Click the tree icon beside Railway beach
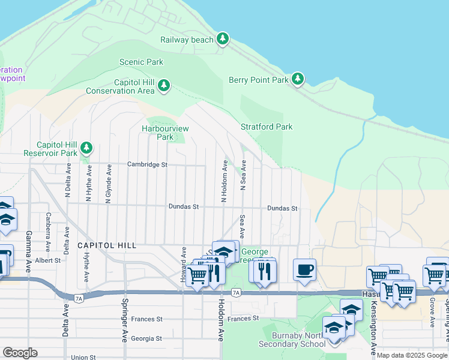coord(223,39)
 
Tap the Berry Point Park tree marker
coord(297,79)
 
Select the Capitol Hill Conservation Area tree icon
coord(163,87)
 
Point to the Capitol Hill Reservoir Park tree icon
coord(87,148)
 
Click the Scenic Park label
coord(141,62)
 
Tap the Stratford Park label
coord(267,127)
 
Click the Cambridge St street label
coord(146,164)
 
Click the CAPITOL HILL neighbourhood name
coord(107,245)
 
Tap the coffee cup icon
coord(304,270)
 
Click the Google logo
coord(20,353)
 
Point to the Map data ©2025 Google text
coord(412,356)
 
